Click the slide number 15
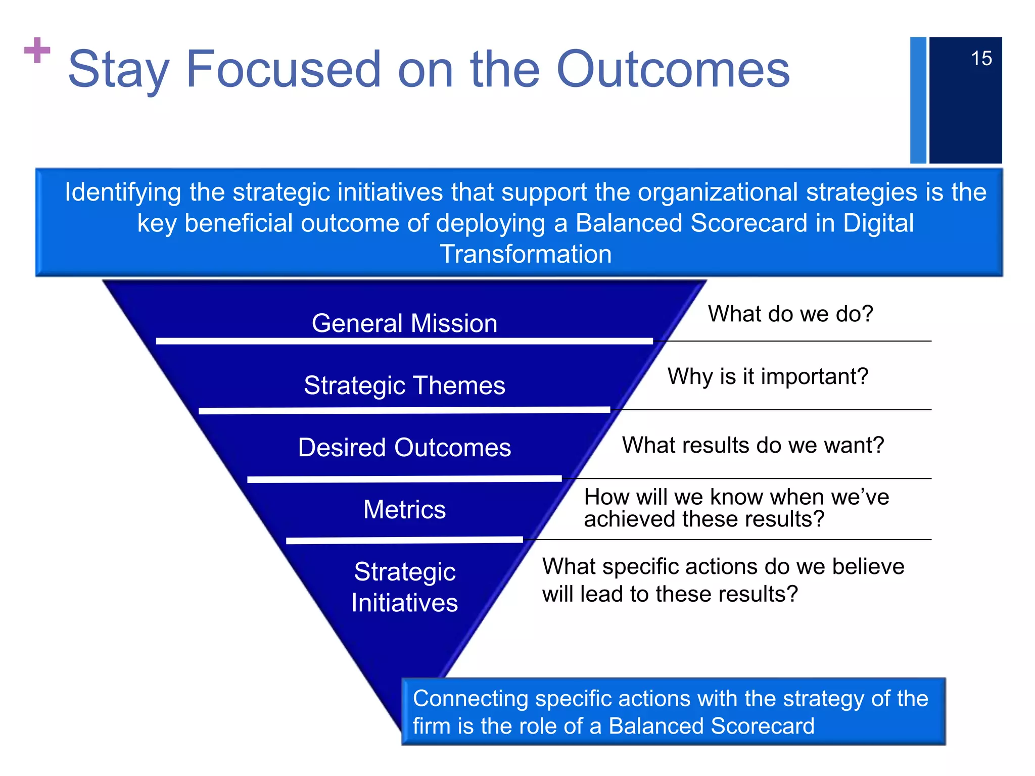click(981, 59)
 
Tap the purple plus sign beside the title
click(37, 51)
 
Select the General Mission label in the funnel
click(404, 323)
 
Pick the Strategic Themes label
click(404, 385)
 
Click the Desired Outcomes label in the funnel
click(404, 448)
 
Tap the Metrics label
click(404, 509)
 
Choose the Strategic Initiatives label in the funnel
click(404, 587)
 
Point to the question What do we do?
click(790, 314)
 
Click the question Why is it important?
click(768, 376)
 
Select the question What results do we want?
click(752, 446)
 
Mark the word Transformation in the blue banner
click(526, 254)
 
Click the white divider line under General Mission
click(404, 342)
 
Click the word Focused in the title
click(283, 69)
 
